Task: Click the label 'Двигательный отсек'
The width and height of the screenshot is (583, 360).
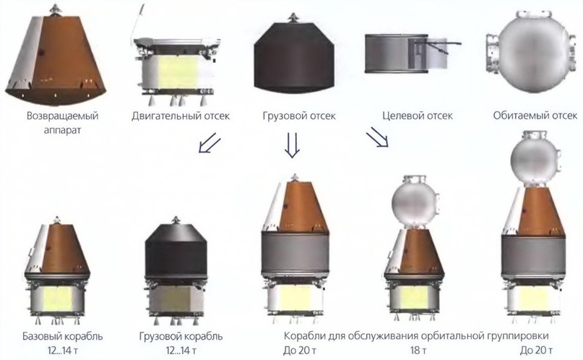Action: tap(181, 116)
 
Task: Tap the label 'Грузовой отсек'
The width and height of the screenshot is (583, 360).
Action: tap(299, 116)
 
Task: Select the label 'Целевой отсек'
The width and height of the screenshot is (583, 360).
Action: tap(418, 116)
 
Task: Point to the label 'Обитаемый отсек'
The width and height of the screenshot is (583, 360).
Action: tap(535, 116)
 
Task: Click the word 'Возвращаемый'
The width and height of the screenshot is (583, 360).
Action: tap(62, 116)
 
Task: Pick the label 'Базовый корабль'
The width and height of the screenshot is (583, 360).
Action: tap(62, 337)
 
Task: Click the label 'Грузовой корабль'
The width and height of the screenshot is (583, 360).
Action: tap(181, 337)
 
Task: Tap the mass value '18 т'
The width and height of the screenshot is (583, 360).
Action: tap(419, 351)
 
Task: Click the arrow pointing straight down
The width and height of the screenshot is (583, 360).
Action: tap(293, 145)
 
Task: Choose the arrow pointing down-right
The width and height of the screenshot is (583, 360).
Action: tap(377, 137)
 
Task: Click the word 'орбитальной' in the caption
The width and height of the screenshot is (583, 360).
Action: tap(452, 337)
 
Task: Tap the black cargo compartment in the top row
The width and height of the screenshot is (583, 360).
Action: tap(294, 57)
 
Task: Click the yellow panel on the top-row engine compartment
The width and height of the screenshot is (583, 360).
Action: tap(178, 72)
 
